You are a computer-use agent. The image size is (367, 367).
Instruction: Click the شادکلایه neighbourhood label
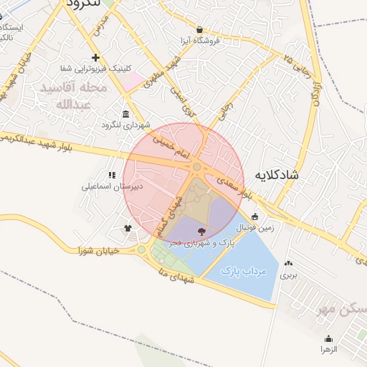275,174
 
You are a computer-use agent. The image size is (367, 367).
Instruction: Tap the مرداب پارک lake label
243,271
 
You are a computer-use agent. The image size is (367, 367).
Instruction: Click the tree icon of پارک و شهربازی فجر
200,231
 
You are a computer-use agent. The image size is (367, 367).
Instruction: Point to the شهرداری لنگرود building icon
126,115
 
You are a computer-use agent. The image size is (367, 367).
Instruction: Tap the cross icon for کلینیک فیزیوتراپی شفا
95,57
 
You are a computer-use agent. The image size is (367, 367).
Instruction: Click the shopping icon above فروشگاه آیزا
199,30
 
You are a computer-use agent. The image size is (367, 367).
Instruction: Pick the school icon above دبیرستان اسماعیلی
111,175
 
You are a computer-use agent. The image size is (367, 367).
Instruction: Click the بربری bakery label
288,275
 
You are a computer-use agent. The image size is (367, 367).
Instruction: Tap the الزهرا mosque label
329,348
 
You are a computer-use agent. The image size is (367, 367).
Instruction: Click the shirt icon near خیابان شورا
128,229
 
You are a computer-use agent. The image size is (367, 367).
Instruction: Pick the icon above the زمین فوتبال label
255,216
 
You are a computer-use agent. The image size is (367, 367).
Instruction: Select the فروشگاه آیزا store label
200,42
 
